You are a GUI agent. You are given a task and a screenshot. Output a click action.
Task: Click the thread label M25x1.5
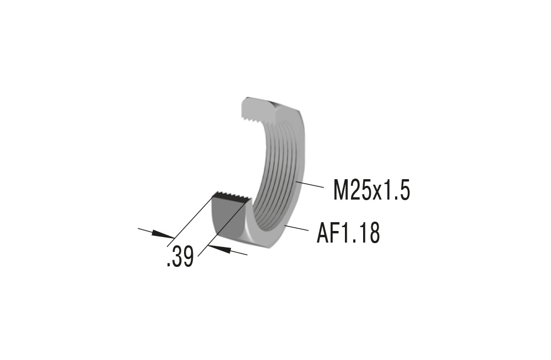(371, 190)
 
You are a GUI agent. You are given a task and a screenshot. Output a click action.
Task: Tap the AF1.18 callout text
(348, 233)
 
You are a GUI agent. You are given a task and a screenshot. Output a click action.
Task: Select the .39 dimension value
(180, 257)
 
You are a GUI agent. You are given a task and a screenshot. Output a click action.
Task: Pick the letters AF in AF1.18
(328, 233)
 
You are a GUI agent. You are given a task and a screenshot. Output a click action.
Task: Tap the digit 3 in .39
(177, 257)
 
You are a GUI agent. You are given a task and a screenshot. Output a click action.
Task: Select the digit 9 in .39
(188, 257)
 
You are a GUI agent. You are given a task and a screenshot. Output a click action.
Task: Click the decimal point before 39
(168, 265)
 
